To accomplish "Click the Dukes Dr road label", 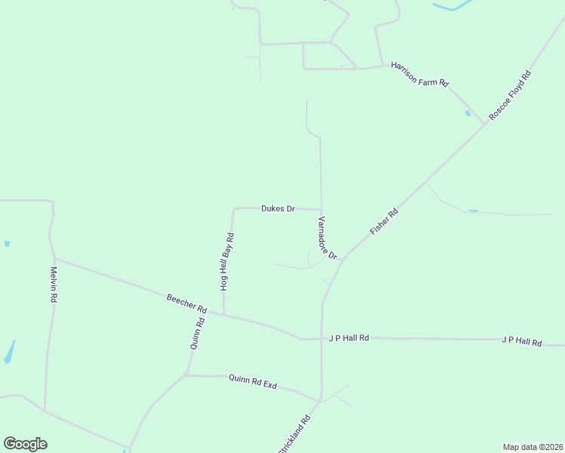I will tap(277, 208).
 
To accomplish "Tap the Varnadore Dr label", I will tap(326, 239).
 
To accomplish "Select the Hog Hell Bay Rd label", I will tap(226, 262).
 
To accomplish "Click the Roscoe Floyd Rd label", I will tap(510, 95).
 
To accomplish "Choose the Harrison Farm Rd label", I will tap(420, 75).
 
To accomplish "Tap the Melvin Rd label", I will tap(54, 285).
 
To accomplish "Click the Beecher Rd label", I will tap(187, 304).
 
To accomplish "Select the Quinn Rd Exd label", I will tap(252, 382).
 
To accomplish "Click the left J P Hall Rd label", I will tap(348, 338).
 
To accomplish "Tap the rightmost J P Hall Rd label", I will tap(521, 341).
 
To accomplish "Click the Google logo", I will tap(25, 444).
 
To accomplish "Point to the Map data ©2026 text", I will tap(533, 447).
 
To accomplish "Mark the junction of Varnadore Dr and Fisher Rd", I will tap(341, 260).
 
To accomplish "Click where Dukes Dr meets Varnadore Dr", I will tap(322, 210).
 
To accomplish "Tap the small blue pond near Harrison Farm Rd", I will tap(468, 114).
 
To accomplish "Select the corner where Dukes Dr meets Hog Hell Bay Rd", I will tap(233, 209).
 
